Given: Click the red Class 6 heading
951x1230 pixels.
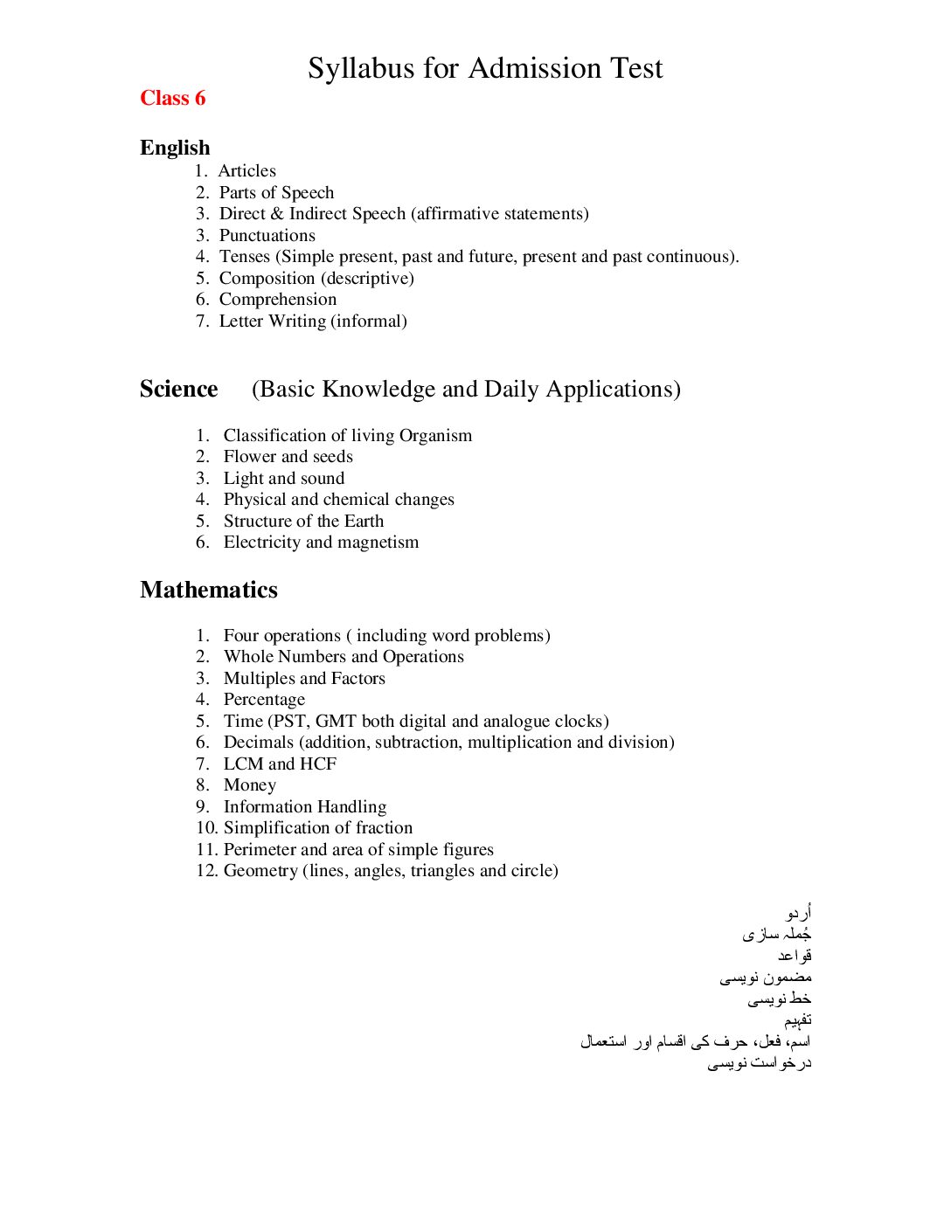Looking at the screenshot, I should tap(172, 98).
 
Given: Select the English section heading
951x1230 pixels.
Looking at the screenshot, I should tap(175, 148).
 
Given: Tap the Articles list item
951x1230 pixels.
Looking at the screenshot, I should tap(246, 171).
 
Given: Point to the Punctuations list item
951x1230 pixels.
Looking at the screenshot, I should tap(267, 236).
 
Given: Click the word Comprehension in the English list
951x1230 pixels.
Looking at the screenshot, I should tap(277, 300).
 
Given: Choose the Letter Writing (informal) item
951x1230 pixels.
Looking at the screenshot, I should tap(312, 321).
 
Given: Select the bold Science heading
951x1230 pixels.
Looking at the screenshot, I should tap(178, 389).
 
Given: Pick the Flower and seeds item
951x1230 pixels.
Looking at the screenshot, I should tap(288, 457).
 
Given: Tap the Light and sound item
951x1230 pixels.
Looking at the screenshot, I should tap(283, 479).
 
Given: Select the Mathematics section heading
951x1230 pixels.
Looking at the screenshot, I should tap(209, 591).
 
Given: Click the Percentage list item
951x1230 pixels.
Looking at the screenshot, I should tap(264, 700).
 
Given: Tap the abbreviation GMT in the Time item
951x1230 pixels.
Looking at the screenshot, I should tap(336, 722).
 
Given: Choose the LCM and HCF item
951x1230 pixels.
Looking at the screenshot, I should tap(280, 764).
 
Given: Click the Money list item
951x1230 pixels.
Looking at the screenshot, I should tap(249, 785).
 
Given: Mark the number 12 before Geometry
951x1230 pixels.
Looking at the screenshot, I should tap(206, 871).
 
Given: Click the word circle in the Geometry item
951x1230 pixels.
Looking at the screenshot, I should tap(531, 871).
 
